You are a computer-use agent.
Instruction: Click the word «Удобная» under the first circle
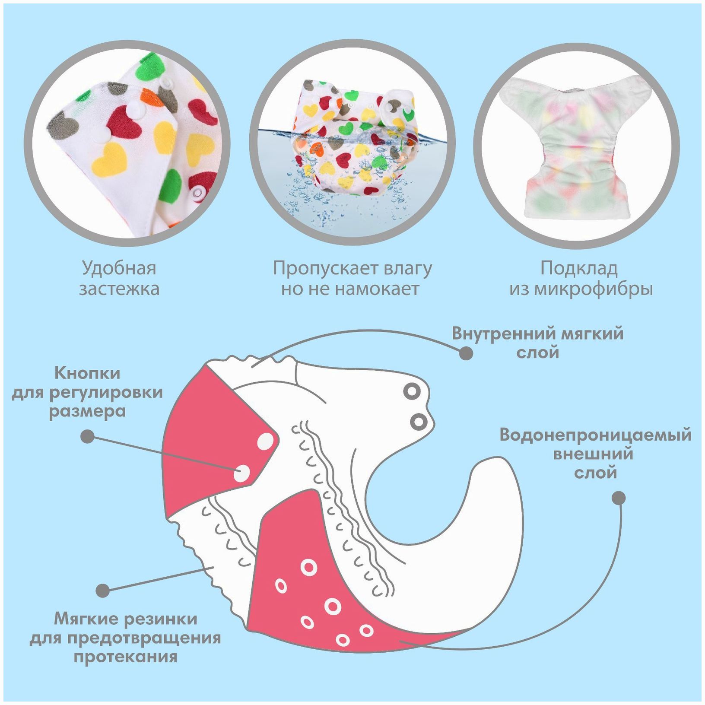pyautogui.click(x=119, y=269)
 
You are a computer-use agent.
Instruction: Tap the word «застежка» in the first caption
pyautogui.click(x=119, y=289)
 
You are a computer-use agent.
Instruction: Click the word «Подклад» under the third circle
pyautogui.click(x=579, y=269)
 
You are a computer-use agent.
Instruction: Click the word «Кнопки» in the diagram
pyautogui.click(x=87, y=373)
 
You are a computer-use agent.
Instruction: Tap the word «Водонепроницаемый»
pyautogui.click(x=595, y=435)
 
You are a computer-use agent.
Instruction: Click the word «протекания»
pyautogui.click(x=125, y=657)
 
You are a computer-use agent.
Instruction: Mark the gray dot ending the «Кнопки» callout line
pyautogui.click(x=88, y=436)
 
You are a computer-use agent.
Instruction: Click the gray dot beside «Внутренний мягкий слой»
pyautogui.click(x=466, y=353)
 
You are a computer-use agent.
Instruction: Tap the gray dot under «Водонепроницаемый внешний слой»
pyautogui.click(x=619, y=498)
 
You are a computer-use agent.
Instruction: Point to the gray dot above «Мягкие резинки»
pyautogui.click(x=103, y=590)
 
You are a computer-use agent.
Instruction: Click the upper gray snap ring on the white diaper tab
pyautogui.click(x=412, y=392)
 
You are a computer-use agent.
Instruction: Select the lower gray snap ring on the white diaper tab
pyautogui.click(x=418, y=421)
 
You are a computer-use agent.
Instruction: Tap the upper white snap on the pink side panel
pyautogui.click(x=265, y=441)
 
